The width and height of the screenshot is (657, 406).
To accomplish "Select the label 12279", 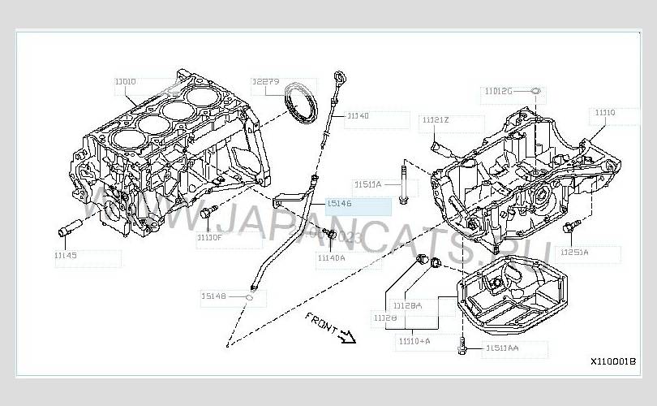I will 265,82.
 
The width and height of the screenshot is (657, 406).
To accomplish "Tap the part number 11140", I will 357,116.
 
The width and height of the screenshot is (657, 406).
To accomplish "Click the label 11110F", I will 209,238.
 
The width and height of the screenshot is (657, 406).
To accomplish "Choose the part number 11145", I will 67,255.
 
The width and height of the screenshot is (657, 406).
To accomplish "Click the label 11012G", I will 499,91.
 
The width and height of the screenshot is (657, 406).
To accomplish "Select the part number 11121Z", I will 435,120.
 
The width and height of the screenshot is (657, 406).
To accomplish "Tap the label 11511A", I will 367,184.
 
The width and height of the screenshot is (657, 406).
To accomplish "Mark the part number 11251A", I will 574,252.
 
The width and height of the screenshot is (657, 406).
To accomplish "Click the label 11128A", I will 407,305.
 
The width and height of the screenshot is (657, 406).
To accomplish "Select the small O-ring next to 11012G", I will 535,91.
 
